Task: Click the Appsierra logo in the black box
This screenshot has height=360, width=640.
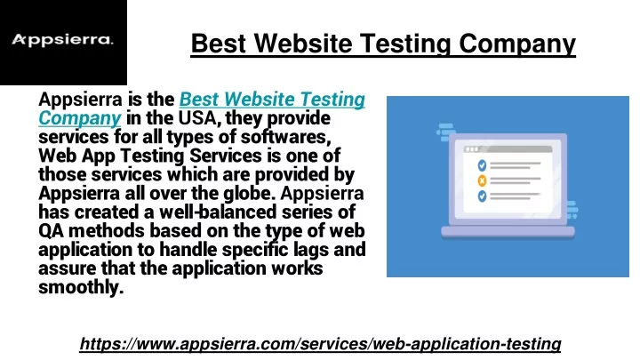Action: (x=62, y=40)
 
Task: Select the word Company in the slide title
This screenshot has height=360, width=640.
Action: (x=517, y=44)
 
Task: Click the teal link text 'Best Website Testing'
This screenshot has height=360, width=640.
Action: (x=272, y=100)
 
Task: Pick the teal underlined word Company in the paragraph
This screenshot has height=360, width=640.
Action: (x=80, y=118)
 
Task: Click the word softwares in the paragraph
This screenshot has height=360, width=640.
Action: (x=285, y=137)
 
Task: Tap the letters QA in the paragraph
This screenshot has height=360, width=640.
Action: (x=51, y=231)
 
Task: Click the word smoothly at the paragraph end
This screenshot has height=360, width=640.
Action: (x=81, y=287)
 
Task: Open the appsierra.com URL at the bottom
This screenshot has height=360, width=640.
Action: (x=320, y=344)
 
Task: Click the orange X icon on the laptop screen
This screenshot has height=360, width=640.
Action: (x=482, y=180)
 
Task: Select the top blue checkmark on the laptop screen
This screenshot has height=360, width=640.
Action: (x=482, y=165)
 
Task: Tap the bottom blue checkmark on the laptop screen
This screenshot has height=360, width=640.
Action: (x=482, y=196)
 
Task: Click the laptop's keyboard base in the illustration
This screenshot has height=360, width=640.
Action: (x=508, y=232)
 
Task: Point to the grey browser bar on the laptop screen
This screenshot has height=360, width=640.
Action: (x=508, y=149)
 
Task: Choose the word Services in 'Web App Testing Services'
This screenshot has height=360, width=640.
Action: (x=231, y=156)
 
